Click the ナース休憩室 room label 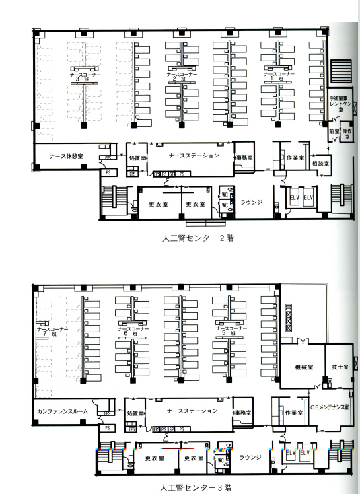click(66, 155)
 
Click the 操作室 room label click(347, 133)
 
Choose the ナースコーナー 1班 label click(277, 74)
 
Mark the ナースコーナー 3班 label click(83, 75)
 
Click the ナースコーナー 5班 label click(229, 332)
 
